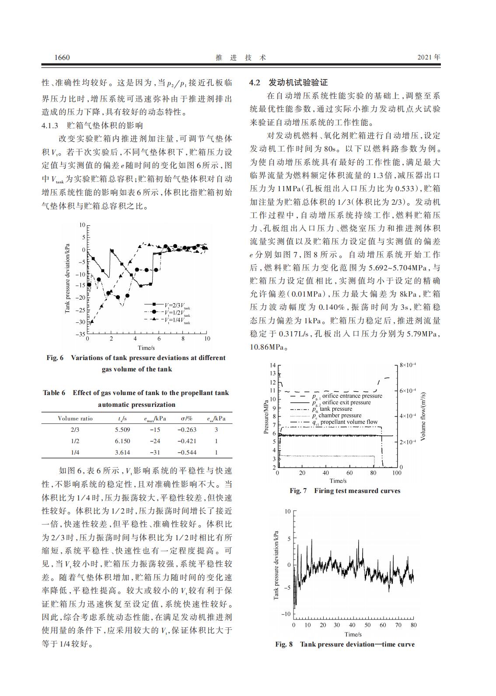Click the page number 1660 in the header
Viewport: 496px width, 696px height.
[x=62, y=58]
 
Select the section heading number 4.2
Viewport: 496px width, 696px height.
[x=255, y=83]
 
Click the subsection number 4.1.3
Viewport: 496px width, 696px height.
[x=50, y=126]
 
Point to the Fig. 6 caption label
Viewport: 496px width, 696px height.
[x=55, y=358]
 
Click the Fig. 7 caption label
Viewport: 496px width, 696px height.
[x=298, y=491]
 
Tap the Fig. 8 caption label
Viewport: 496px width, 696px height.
[x=283, y=644]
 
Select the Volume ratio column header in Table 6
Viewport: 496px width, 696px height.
[x=75, y=418]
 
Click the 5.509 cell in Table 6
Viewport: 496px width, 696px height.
[x=122, y=430]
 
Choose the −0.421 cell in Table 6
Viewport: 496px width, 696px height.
[x=187, y=441]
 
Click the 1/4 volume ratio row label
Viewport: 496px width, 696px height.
[x=75, y=452]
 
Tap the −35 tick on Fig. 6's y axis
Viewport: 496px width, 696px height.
[x=80, y=334]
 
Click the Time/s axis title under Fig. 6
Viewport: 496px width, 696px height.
[x=146, y=348]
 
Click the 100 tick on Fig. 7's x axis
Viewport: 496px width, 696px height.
[x=396, y=473]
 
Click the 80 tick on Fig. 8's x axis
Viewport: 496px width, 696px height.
[x=413, y=625]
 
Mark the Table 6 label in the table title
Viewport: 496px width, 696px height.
[x=54, y=393]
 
